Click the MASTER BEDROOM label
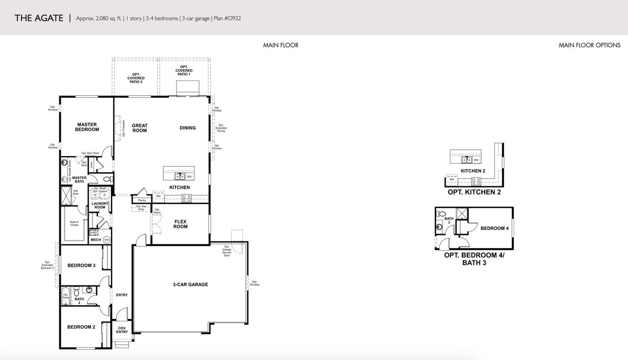(x=87, y=127)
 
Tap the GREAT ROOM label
(x=140, y=128)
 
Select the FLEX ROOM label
(x=181, y=224)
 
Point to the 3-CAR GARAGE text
(x=190, y=284)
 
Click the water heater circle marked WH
(x=106, y=239)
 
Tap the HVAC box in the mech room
(x=93, y=232)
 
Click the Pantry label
(x=142, y=200)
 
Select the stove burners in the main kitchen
(x=186, y=198)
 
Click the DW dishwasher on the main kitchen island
(x=189, y=177)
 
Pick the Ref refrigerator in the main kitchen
(x=158, y=196)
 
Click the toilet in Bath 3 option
(x=441, y=215)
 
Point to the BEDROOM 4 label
(x=494, y=228)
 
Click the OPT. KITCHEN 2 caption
(x=474, y=192)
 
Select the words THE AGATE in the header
(x=39, y=18)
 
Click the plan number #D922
(x=232, y=19)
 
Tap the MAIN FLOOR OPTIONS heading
(x=589, y=45)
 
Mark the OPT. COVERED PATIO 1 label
(x=184, y=70)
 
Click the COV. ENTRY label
(x=122, y=330)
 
